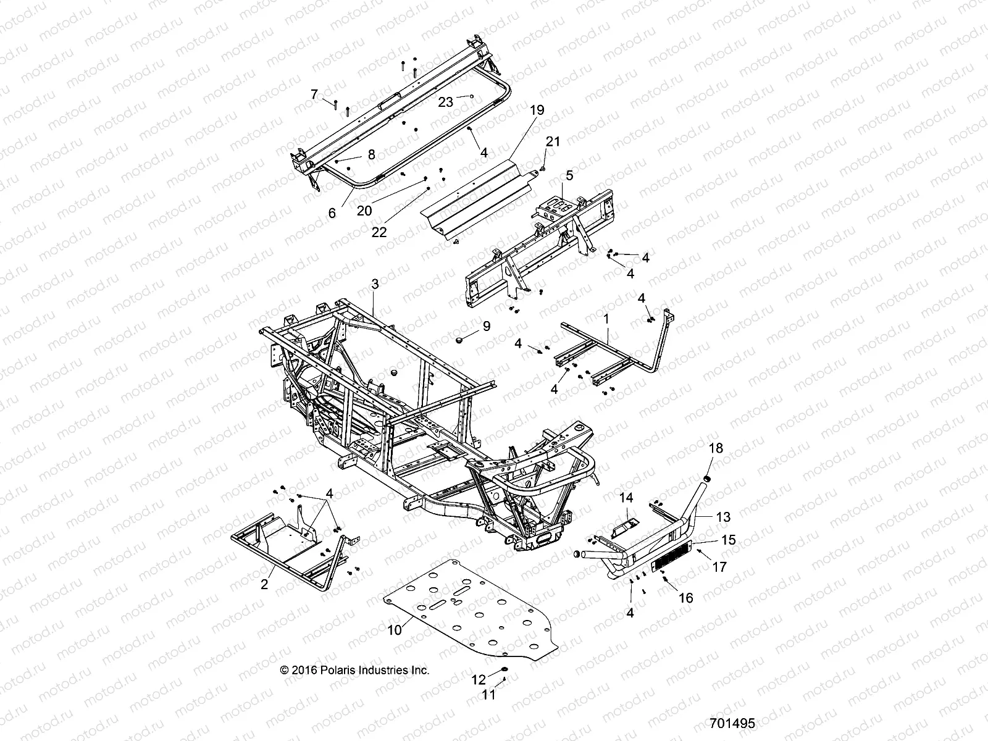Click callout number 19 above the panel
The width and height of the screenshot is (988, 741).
pos(537,111)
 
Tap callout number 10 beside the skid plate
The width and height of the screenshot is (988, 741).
pos(395,629)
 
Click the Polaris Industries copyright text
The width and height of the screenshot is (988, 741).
pos(354,670)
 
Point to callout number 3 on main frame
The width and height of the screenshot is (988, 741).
pos(375,285)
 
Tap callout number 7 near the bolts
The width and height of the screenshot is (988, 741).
pos(314,94)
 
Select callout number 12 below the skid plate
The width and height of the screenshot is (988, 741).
pos(479,680)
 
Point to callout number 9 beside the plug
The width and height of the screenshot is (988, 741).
pos(486,325)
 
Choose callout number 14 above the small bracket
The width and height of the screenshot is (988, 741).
pos(627,497)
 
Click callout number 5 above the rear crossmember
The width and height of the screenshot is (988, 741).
pos(569,175)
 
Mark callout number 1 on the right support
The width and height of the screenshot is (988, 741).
pos(606,319)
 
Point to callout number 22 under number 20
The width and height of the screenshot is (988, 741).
pos(379,232)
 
